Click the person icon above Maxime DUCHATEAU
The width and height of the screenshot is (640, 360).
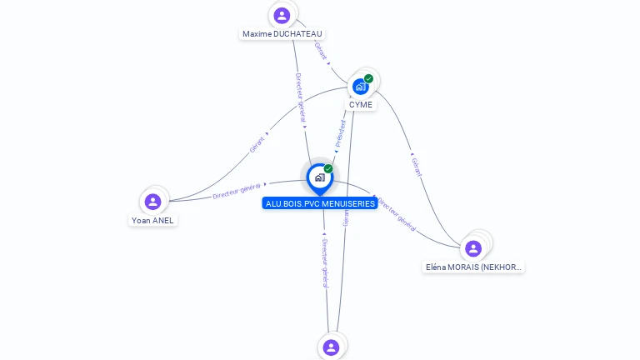click(x=282, y=15)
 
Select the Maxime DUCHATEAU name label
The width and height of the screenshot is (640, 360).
click(x=282, y=34)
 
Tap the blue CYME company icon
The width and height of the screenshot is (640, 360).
click(x=360, y=87)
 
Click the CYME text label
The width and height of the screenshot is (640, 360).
click(x=361, y=105)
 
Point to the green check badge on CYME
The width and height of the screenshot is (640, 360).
click(x=369, y=78)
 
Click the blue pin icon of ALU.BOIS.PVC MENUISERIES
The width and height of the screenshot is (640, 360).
click(x=318, y=177)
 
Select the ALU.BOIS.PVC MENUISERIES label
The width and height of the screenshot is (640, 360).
click(x=319, y=203)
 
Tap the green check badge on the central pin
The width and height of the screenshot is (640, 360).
click(x=328, y=168)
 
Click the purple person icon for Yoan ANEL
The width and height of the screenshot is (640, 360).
click(x=152, y=202)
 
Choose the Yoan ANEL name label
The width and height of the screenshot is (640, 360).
click(x=152, y=221)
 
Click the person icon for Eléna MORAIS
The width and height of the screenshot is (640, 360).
click(x=473, y=248)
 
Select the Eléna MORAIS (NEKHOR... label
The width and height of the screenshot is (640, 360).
click(x=474, y=267)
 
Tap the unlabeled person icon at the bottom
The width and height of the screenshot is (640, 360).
click(x=331, y=347)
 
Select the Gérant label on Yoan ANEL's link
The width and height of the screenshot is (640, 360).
click(x=257, y=144)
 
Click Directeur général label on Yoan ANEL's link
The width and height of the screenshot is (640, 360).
click(x=237, y=190)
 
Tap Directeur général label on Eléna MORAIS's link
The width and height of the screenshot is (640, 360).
click(x=397, y=213)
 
